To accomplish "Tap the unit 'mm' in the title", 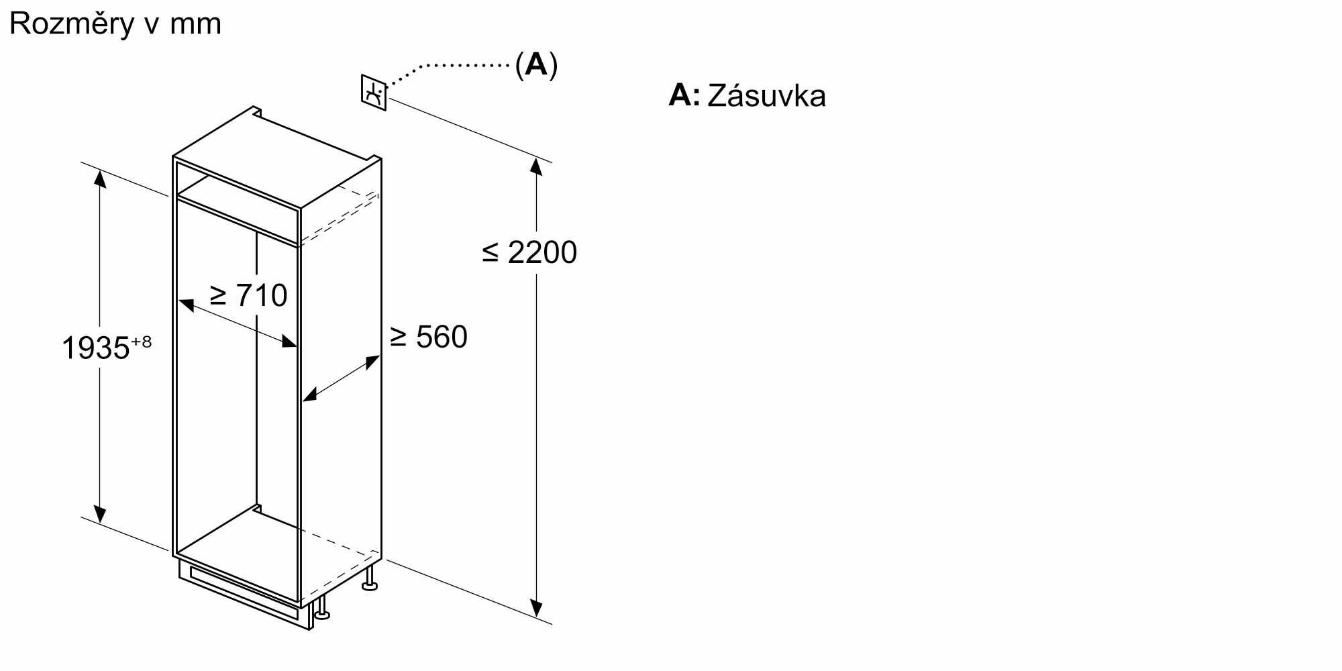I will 195,25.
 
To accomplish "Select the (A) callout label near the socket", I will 536,65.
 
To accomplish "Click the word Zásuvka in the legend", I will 766,96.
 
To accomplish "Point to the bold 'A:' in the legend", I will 684,96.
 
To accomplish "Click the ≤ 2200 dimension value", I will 530,253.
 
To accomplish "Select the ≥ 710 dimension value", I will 249,295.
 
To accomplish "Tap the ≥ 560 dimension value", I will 429,337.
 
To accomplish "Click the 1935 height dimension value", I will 95,348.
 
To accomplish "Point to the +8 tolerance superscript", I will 141,342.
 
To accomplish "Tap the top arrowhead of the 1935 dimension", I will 100,177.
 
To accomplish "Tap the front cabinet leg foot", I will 323,613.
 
